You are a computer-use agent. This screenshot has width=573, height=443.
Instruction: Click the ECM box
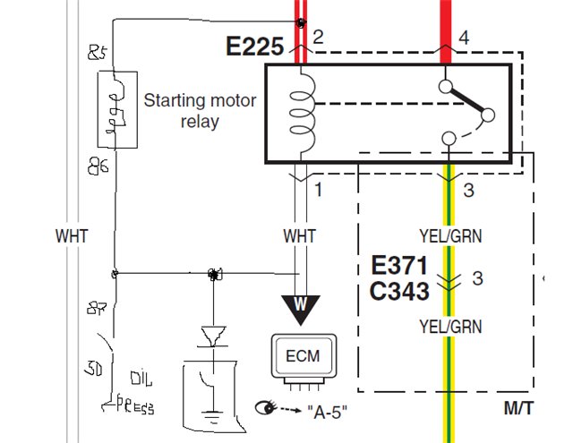(302, 355)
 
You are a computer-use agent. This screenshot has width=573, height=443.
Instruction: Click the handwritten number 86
(98, 166)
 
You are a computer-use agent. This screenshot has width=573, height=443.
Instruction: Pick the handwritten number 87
(98, 310)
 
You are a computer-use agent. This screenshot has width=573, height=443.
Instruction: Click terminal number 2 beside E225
(317, 37)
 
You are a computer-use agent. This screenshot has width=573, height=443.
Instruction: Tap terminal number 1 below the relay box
(317, 190)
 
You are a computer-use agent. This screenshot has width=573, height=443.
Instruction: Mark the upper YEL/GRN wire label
(450, 236)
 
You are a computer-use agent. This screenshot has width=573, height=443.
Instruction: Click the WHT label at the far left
(71, 236)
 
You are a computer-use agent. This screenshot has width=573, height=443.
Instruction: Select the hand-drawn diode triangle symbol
(213, 336)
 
